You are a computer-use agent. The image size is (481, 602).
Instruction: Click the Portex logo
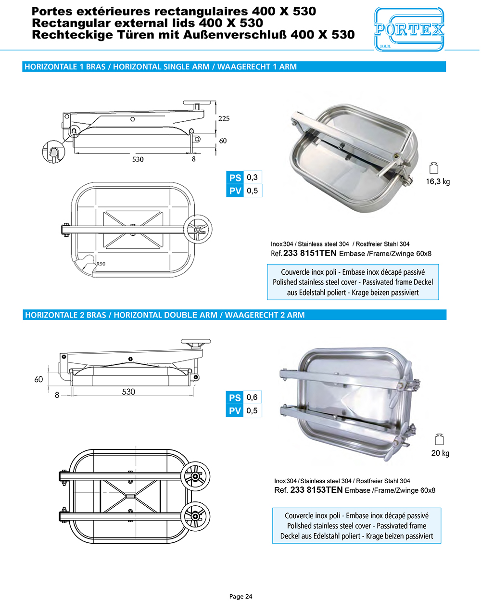pyautogui.click(x=409, y=30)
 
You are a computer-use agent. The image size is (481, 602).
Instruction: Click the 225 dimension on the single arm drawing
pyautogui.click(x=224, y=118)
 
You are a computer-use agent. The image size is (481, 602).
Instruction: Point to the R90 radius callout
pyautogui.click(x=101, y=264)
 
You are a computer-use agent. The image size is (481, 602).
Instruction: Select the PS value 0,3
pyautogui.click(x=252, y=178)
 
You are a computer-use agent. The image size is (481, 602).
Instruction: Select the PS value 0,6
pyautogui.click(x=252, y=397)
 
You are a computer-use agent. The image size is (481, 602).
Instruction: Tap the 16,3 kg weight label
pyautogui.click(x=438, y=181)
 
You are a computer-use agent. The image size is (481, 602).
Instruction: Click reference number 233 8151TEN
pyautogui.click(x=310, y=253)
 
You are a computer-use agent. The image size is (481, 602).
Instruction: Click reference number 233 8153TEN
pyautogui.click(x=316, y=490)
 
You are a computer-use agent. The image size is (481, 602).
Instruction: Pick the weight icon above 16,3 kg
pyautogui.click(x=434, y=167)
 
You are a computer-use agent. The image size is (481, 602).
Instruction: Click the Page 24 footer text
pyautogui.click(x=240, y=596)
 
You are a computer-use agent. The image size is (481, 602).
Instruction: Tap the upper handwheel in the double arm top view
pyautogui.click(x=195, y=476)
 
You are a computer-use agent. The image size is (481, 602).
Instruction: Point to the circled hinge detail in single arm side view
pyautogui.click(x=53, y=152)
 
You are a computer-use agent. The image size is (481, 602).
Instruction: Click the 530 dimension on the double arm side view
pyautogui.click(x=128, y=392)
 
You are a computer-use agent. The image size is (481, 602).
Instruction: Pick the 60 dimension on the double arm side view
pyautogui.click(x=38, y=379)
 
